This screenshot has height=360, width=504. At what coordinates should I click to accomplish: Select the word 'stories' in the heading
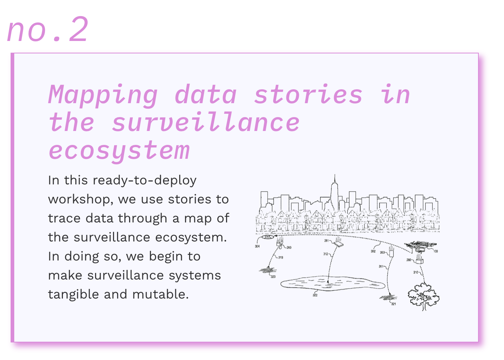click(x=308, y=94)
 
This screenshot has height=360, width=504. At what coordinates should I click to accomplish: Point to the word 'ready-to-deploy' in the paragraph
click(x=144, y=180)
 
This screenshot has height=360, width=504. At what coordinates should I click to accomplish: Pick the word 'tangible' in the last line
click(x=73, y=295)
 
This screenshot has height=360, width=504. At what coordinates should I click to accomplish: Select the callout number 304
click(x=257, y=247)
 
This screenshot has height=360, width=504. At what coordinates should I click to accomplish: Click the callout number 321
click(x=394, y=304)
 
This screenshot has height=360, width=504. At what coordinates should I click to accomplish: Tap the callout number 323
click(x=273, y=277)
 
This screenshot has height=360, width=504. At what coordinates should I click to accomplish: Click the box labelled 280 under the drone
click(x=419, y=261)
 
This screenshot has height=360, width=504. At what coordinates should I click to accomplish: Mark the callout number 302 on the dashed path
click(x=373, y=251)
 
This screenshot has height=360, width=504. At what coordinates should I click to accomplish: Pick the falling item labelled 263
click(x=391, y=252)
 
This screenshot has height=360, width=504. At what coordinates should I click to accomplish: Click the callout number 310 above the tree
click(x=415, y=272)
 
